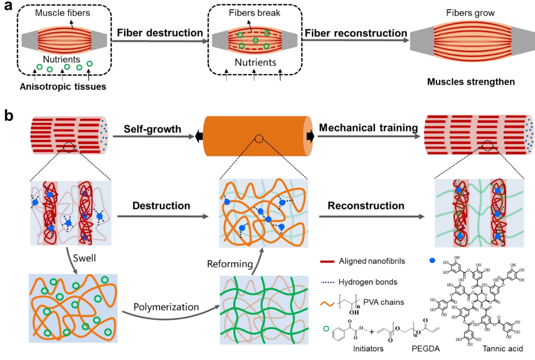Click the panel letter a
8,8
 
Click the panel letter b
8,116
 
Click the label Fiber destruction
159,33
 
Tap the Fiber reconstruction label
355,33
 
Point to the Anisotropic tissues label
63,86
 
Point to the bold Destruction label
161,205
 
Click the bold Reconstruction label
366,205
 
